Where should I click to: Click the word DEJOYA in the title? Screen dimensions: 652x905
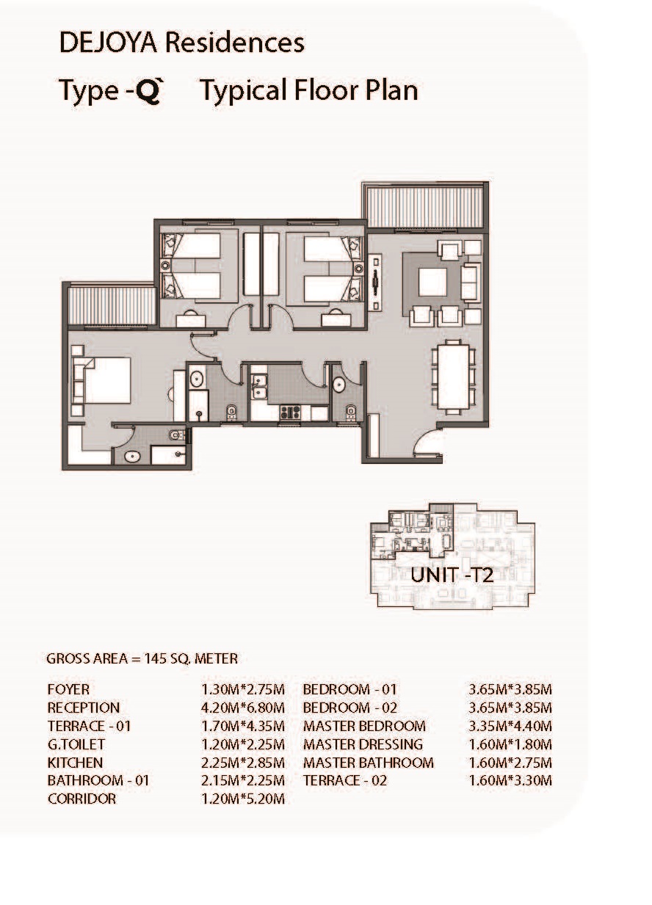109,43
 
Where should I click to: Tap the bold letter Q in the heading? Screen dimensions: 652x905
148,91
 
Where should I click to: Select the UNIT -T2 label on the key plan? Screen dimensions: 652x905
452,575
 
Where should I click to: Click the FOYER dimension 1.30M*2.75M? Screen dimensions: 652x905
243,689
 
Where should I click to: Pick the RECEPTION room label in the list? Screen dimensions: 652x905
84,708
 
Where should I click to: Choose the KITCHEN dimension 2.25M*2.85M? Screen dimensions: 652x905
243,763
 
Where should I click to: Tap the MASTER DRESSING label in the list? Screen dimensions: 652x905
363,744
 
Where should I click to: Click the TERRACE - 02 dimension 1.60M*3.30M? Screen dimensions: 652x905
510,780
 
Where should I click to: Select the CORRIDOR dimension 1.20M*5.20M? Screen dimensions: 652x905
243,799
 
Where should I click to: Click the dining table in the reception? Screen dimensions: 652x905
454,377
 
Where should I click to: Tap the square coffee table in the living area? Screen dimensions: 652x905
432,283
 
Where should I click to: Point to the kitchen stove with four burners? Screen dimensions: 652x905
290,412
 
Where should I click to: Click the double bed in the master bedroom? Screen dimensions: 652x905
106,380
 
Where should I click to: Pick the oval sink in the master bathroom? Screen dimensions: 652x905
132,457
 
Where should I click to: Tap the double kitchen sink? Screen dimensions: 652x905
258,387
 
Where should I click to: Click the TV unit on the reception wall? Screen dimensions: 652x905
376,283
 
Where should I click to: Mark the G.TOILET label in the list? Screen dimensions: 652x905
76,744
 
